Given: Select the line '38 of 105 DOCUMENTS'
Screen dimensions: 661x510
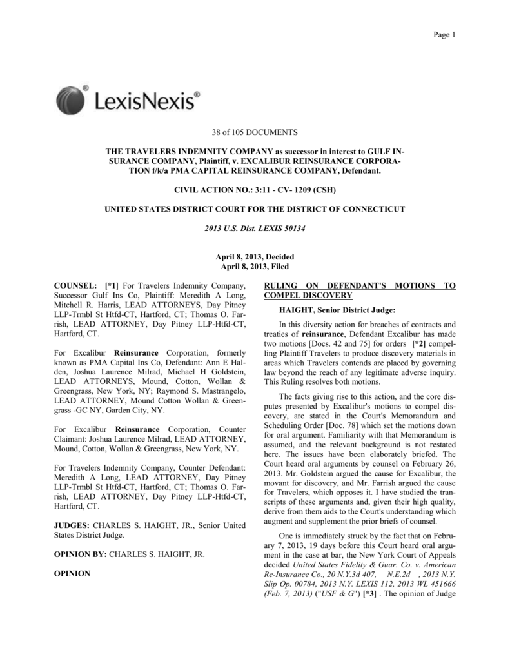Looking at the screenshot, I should tap(255, 133).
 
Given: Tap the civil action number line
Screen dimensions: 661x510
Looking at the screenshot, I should tap(255, 190).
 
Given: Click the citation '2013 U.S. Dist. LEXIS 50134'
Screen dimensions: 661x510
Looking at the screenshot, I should tap(255, 229).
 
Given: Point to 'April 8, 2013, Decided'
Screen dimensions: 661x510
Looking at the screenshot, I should tap(255, 258).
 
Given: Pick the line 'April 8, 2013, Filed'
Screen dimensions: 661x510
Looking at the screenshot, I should tap(255, 267).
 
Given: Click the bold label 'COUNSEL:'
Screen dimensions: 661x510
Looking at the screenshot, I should tap(75, 286).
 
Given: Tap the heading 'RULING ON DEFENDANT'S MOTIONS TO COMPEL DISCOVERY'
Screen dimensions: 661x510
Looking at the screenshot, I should tap(360, 290).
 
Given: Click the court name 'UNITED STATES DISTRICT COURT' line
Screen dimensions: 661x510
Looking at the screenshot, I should tap(255, 210).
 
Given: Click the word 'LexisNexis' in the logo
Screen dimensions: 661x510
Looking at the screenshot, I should tap(148, 102).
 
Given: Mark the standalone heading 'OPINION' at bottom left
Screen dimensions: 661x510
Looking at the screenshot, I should tap(71, 573).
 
